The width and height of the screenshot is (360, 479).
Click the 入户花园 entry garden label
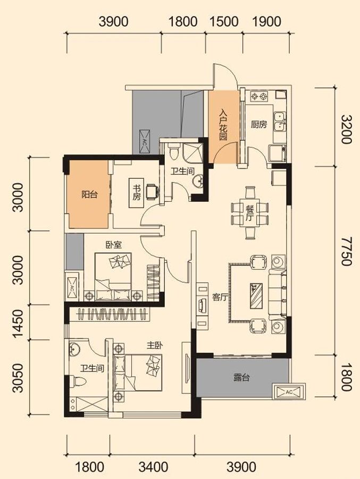point(223,125)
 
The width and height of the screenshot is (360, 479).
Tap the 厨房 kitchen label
point(259,125)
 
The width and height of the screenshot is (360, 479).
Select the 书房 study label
point(137,193)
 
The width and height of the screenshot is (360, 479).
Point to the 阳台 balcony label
point(89,194)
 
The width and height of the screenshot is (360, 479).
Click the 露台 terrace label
point(242,377)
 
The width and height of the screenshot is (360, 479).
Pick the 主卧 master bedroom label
point(155,345)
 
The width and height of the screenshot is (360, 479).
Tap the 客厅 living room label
point(220,297)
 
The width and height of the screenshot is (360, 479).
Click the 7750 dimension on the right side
point(346,251)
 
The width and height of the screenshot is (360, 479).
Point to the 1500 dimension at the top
point(224,22)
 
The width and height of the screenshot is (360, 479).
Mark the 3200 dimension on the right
point(346,129)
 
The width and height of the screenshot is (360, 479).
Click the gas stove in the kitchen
point(259,97)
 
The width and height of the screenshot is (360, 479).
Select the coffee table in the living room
point(256,296)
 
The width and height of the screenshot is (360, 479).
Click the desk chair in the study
point(153,192)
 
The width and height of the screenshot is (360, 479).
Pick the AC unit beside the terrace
point(289,392)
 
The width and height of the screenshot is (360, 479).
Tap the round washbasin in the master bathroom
point(74,349)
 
